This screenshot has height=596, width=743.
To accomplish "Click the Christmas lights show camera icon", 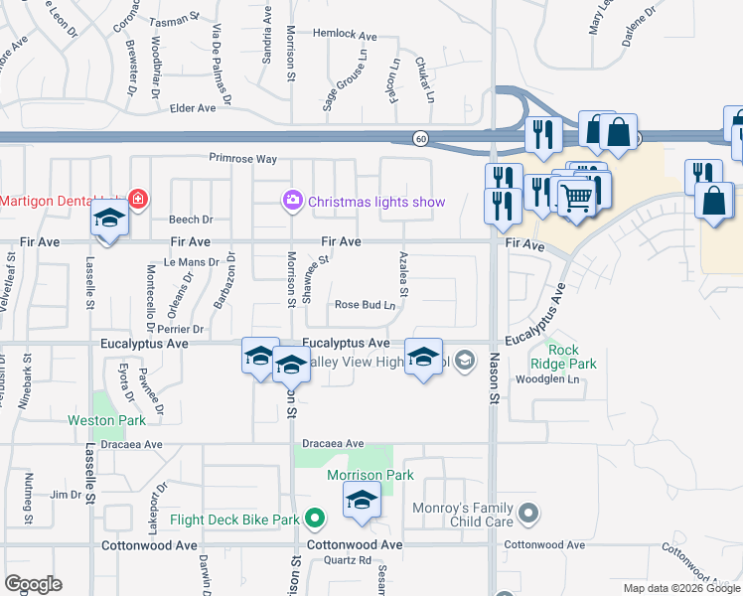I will point(293,202).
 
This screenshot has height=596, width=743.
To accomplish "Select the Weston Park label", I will point(107,420).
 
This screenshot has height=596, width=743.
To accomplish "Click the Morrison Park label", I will point(371,475).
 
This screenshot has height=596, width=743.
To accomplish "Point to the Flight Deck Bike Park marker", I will point(315,519).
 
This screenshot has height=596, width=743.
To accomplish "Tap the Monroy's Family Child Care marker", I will point(529,514).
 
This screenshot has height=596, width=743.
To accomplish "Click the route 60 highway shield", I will point(421,139).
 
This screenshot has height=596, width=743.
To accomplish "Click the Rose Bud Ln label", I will point(366,305).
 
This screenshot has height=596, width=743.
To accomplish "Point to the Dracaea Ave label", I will point(334,443).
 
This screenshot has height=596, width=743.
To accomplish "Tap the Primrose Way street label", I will point(242,158).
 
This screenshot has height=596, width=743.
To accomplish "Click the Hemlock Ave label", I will point(345,36).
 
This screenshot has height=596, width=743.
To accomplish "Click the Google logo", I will point(33,584).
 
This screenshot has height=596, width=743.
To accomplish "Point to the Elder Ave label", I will point(193,108).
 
